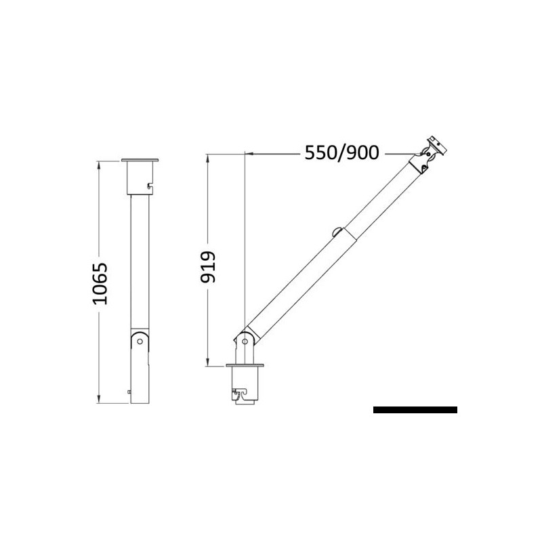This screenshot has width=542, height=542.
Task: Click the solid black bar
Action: [x=415, y=410]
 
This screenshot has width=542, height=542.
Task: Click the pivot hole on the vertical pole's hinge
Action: [x=140, y=342]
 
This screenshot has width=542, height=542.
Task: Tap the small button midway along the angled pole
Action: [x=337, y=232]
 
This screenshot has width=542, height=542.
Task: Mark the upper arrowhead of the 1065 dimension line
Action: [x=100, y=164]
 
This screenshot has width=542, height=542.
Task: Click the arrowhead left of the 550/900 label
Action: [x=250, y=154]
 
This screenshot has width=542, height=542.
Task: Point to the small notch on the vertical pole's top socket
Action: [x=149, y=183]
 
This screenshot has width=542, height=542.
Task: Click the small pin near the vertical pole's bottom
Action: [x=129, y=391]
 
